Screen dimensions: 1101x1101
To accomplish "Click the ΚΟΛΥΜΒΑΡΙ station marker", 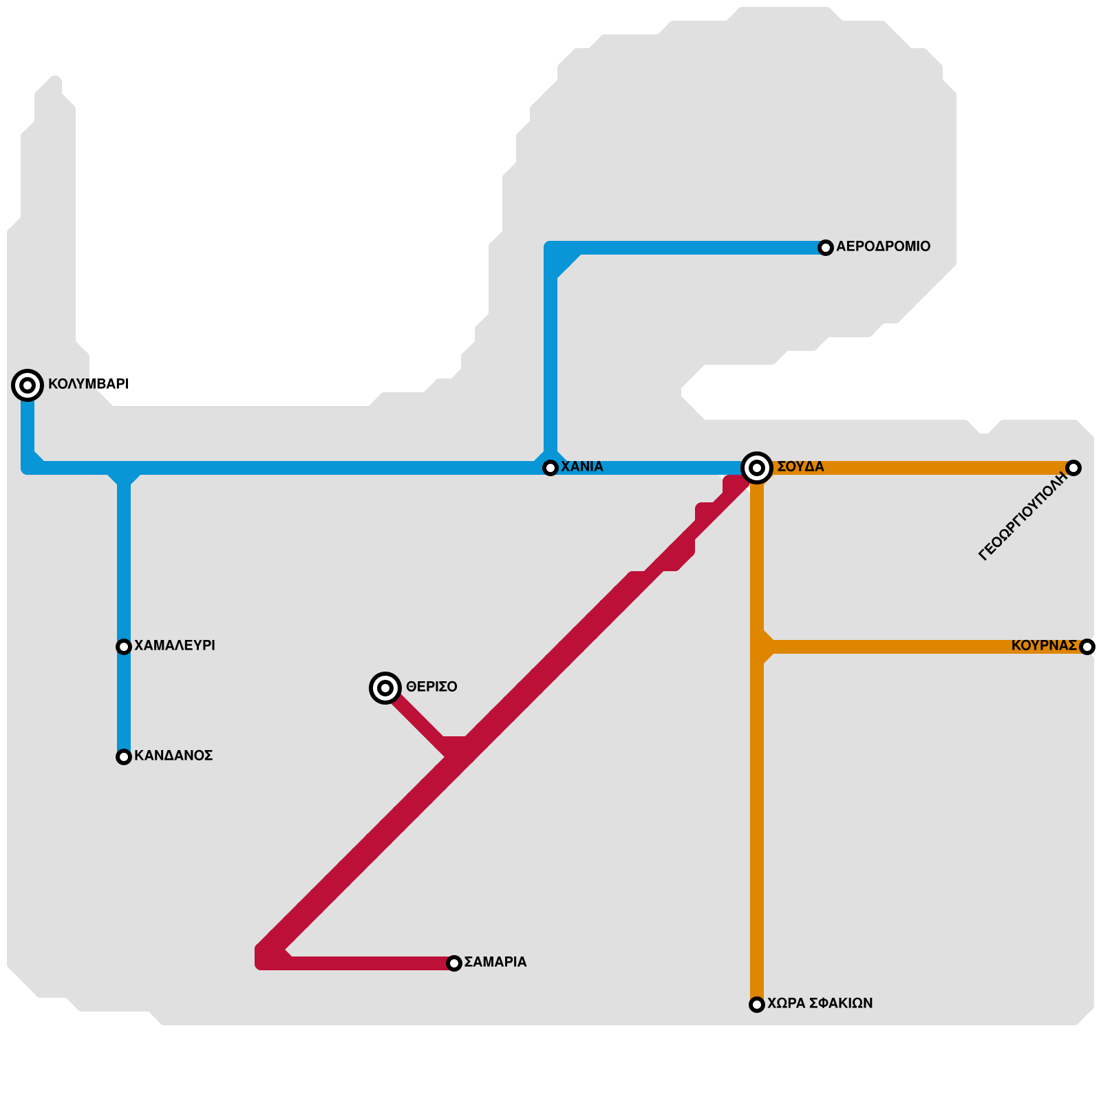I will pyautogui.click(x=28, y=385).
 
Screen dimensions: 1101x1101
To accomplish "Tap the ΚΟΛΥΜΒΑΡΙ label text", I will pyautogui.click(x=88, y=384).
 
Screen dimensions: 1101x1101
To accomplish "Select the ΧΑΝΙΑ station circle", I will pyautogui.click(x=550, y=468).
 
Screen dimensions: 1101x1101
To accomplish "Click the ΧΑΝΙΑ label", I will pyautogui.click(x=582, y=467).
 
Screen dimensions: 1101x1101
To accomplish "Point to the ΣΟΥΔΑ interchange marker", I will pyautogui.click(x=757, y=468).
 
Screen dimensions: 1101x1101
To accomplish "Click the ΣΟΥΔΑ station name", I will pyautogui.click(x=800, y=467).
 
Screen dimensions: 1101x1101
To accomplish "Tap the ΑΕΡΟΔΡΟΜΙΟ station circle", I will pyautogui.click(x=826, y=248).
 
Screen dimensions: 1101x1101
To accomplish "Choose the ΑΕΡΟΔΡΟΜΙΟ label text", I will pyautogui.click(x=883, y=246).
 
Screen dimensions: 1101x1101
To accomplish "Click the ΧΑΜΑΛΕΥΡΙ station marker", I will pyautogui.click(x=124, y=647).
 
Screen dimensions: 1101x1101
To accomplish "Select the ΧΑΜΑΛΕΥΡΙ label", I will pyautogui.click(x=175, y=645).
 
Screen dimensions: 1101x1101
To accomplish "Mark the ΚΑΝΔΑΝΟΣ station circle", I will pyautogui.click(x=124, y=757).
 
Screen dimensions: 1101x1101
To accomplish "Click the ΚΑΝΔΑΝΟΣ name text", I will pyautogui.click(x=173, y=756).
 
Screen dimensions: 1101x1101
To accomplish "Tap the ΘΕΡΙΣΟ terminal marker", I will pyautogui.click(x=385, y=688).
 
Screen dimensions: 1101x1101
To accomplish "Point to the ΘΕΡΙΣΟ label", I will pyautogui.click(x=431, y=687).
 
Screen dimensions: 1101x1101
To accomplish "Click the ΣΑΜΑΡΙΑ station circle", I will pyautogui.click(x=454, y=963).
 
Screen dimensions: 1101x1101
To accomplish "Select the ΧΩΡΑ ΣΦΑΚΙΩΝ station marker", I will pyautogui.click(x=757, y=1005).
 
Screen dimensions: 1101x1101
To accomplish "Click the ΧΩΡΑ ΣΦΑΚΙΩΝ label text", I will pyautogui.click(x=820, y=1003).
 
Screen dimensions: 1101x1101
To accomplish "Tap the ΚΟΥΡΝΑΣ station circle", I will pyautogui.click(x=1087, y=647).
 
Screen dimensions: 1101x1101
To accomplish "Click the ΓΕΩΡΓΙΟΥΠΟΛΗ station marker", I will pyautogui.click(x=1073, y=468).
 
